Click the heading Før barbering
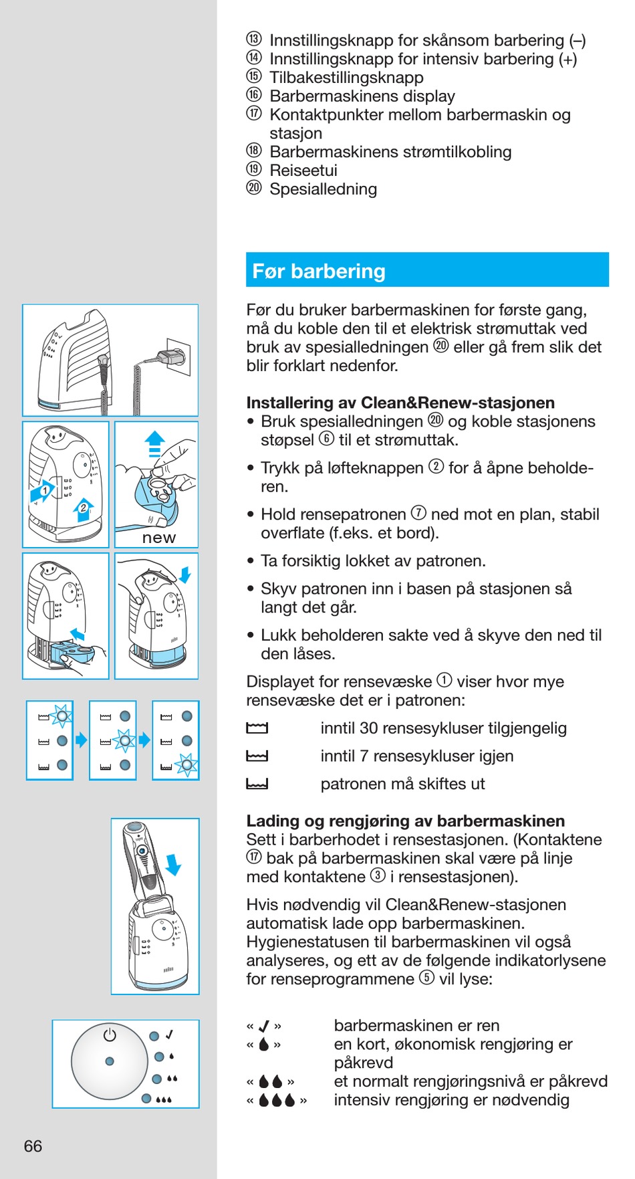coord(319,271)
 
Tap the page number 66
coord(33,1146)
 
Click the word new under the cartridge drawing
coord(158,538)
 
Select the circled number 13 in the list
coord(254,39)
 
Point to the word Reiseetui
coord(303,171)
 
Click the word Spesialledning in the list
coord(323,189)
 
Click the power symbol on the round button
coord(110,1035)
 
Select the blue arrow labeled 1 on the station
coord(43,491)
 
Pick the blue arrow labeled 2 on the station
coord(83,510)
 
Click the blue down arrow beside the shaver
coord(173,864)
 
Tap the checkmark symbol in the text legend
coord(264,1026)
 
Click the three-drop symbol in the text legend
coord(277,1100)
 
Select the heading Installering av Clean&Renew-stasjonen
coord(400,403)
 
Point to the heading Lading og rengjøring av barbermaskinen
coord(405,821)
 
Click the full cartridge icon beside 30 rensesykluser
coord(257,728)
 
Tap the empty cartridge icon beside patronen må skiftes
coord(257,784)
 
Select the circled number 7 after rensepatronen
coord(418,514)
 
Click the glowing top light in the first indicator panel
coord(61,716)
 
